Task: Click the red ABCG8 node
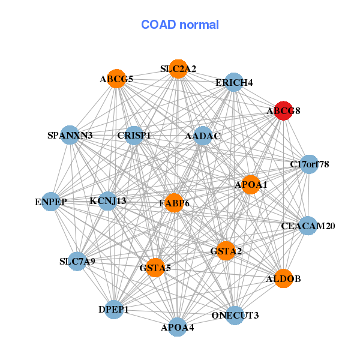point(284,110)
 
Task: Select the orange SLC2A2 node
point(178,69)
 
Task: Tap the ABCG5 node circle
point(116,79)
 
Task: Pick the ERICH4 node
point(233,82)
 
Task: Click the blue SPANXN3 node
point(70,135)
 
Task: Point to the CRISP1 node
point(134,136)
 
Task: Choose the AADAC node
point(203,136)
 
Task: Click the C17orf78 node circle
point(309,164)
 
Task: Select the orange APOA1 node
point(251,185)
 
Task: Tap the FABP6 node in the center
point(174,203)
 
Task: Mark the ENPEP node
point(51,202)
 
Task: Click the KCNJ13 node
point(107,201)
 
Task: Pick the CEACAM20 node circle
point(308,226)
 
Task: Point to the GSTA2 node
point(226,251)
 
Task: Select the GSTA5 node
point(155,268)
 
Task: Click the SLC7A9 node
point(77,261)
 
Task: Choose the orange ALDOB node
point(284,278)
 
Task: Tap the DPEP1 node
point(114,310)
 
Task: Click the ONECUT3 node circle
point(235,315)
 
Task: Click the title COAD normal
point(180,25)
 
